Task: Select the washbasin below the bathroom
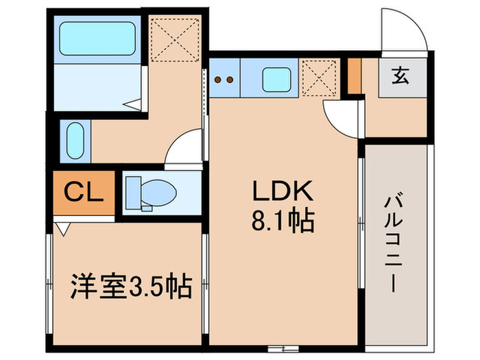75,140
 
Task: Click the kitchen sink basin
278,80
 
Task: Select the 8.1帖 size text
285,221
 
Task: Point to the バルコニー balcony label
394,243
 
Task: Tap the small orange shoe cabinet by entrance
354,76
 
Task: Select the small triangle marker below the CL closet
62,230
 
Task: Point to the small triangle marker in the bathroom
134,104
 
